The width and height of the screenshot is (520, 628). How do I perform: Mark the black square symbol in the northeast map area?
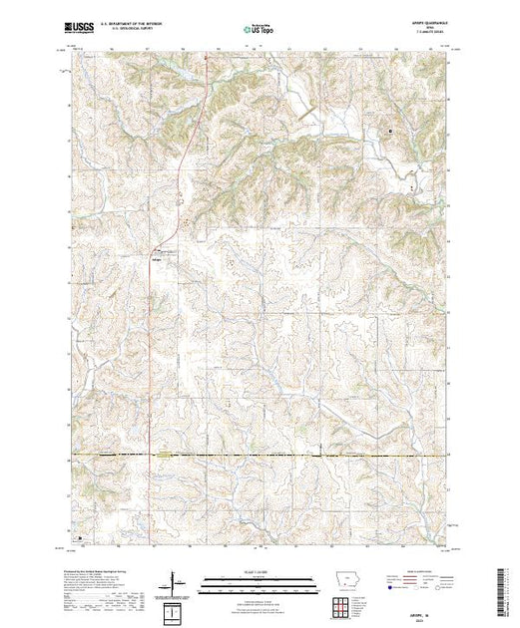390,130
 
